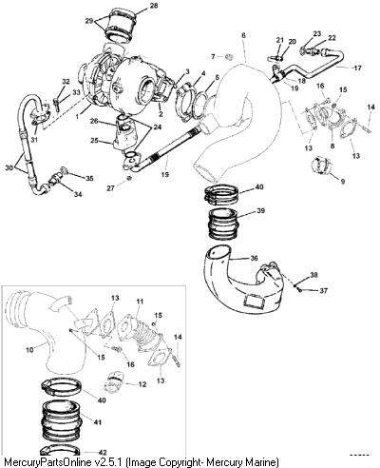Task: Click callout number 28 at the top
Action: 154,6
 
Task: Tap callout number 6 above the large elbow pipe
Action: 243,35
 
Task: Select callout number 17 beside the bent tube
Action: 357,68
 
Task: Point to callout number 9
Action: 343,182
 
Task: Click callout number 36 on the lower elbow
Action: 254,258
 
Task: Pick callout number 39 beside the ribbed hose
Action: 260,211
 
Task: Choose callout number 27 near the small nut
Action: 110,188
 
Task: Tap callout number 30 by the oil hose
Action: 9,167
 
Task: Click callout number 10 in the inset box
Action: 29,351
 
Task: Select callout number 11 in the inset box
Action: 140,302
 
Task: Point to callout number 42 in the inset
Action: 103,453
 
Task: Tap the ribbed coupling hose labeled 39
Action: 222,224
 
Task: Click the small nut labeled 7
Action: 230,57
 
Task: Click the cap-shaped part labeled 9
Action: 321,165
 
